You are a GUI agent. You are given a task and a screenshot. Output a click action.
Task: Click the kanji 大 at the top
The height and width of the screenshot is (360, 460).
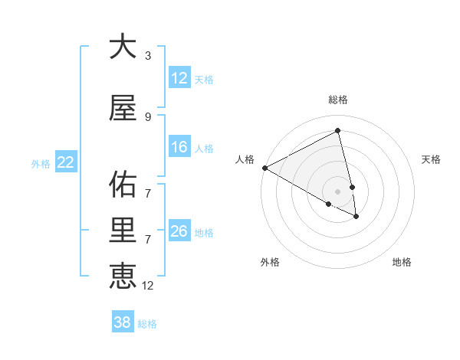tap(123, 47)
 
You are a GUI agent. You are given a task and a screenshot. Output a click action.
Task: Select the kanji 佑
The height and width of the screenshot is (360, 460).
tap(123, 185)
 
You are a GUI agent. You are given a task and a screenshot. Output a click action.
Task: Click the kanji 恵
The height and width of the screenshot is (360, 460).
tap(123, 276)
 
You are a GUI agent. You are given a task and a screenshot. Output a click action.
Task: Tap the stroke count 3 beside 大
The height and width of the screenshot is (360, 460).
tap(147, 56)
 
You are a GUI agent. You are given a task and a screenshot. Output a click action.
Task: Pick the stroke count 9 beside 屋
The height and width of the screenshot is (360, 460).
tap(147, 116)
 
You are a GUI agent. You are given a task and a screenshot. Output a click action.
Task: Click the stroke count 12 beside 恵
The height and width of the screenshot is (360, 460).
tap(148, 285)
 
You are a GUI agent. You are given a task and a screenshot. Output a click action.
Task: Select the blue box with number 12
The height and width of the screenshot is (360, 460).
tap(179, 78)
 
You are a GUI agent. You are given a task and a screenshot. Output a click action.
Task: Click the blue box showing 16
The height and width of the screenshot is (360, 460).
tap(179, 147)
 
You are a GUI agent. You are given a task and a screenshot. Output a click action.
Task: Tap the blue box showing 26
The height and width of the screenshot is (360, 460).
tap(179, 231)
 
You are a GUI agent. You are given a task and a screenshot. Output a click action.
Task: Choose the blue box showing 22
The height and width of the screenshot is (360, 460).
tap(65, 162)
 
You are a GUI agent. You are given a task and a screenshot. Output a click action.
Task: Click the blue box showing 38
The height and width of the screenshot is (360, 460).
tap(123, 322)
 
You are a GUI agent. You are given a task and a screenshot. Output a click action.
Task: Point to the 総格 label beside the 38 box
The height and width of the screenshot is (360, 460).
tap(148, 324)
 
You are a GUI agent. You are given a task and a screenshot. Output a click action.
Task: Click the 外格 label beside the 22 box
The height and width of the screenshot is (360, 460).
tap(41, 163)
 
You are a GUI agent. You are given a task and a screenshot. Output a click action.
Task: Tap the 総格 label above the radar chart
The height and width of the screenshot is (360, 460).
tap(338, 100)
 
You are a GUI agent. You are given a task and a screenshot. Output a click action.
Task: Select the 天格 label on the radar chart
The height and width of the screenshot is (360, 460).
tap(432, 159)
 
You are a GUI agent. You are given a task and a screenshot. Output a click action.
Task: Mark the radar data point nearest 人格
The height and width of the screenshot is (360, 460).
tap(264, 168)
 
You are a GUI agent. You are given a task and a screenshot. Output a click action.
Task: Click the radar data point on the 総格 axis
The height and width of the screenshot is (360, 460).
tap(338, 131)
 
